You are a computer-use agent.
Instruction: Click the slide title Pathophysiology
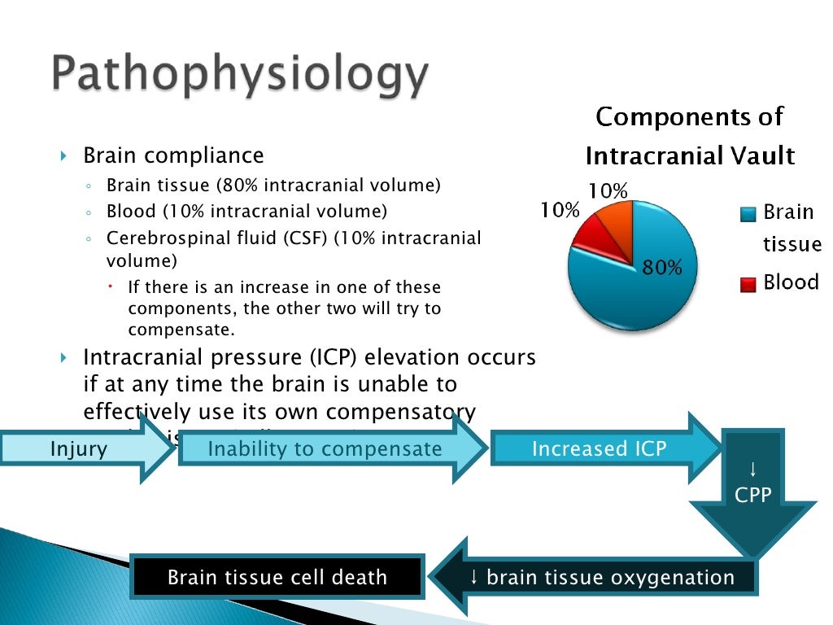click(x=241, y=76)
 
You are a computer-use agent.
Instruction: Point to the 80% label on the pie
click(x=662, y=267)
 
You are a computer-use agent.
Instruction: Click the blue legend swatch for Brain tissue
click(x=748, y=215)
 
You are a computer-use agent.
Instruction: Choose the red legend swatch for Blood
click(x=748, y=284)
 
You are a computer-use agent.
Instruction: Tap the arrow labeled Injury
click(x=81, y=448)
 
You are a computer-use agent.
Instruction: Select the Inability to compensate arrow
click(x=325, y=448)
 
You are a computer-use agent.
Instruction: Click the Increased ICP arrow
click(x=600, y=448)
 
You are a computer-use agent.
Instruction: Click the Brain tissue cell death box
click(x=277, y=578)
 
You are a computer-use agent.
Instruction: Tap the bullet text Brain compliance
click(x=173, y=155)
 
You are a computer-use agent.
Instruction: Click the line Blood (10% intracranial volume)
click(x=247, y=212)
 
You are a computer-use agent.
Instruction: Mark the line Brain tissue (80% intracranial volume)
click(x=273, y=186)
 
